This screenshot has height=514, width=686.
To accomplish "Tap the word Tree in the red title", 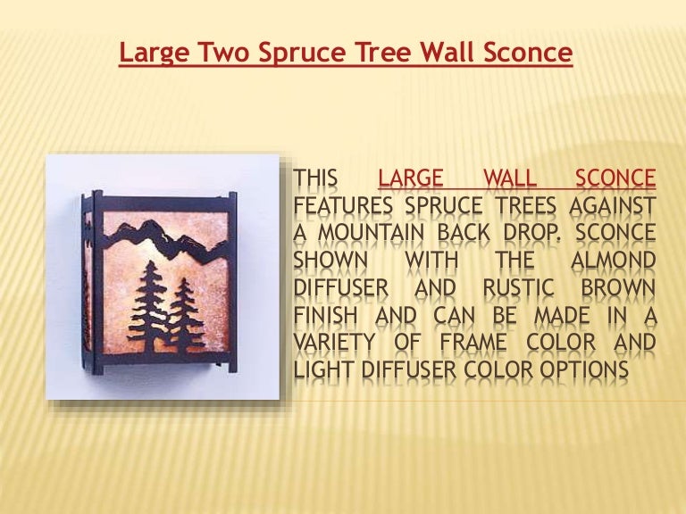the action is tap(382, 52).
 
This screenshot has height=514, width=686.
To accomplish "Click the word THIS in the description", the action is tap(315, 178).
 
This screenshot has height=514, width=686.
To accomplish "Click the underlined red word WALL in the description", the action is tap(510, 178).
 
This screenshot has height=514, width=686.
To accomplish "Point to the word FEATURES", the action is tap(343, 205).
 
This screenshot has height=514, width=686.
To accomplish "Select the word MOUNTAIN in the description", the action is tap(371, 233).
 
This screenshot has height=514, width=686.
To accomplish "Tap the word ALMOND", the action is tap(613, 260).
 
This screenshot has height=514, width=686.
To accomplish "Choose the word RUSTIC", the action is tap(518, 287).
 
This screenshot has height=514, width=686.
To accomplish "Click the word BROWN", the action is tap(618, 287).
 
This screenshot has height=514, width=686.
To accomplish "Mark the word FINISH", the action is tap(325, 315).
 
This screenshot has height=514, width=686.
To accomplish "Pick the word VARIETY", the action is tap(334, 343).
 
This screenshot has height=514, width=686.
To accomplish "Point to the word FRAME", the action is tap(473, 343).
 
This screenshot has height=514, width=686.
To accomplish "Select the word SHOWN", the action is tap(330, 260).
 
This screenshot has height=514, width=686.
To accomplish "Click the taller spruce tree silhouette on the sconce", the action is tap(150, 306).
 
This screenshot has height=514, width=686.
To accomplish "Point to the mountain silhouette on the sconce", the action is tap(165, 239).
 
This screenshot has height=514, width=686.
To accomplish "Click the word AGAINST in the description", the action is tap(613, 205).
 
